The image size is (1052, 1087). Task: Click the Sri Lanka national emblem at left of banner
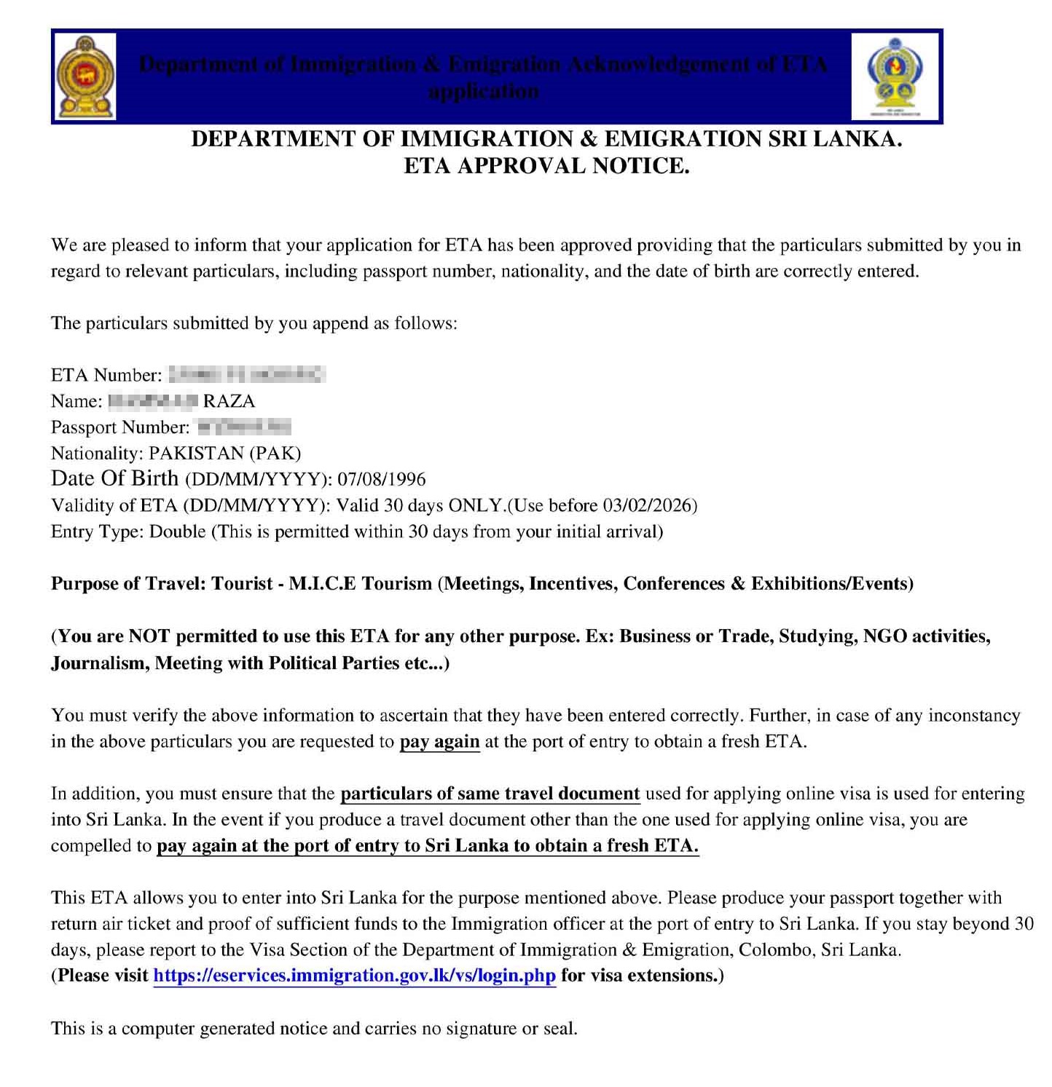[x=86, y=77]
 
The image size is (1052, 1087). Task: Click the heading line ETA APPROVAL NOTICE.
[x=546, y=166]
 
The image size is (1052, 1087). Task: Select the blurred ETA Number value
[x=246, y=375]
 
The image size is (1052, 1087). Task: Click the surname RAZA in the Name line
[x=229, y=401]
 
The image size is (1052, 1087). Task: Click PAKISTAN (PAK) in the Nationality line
[x=224, y=454]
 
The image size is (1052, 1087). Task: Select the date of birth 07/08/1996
[x=381, y=480]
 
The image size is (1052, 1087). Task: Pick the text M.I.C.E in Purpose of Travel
[x=322, y=584]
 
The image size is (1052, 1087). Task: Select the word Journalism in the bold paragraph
[x=99, y=663]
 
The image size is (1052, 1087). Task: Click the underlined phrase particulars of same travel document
[x=490, y=794]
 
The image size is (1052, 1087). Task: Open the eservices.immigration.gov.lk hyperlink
[x=354, y=976]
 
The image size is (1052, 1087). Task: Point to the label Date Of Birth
[x=114, y=478]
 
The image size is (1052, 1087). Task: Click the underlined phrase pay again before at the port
[x=439, y=742]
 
